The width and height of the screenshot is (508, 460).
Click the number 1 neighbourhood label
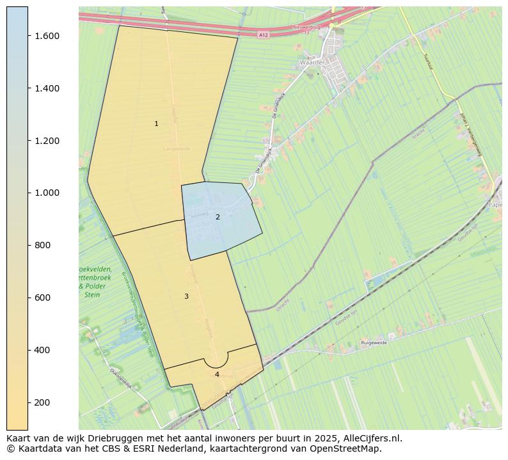(156, 123)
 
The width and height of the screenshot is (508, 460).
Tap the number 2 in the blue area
(218, 217)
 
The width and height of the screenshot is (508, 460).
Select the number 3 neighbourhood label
(186, 296)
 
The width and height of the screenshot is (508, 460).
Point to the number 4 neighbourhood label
(217, 374)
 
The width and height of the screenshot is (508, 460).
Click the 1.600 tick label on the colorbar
(47, 36)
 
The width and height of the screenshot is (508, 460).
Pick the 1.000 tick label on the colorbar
(47, 193)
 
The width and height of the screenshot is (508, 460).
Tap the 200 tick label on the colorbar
(44, 402)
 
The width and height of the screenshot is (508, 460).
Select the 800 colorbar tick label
(44, 245)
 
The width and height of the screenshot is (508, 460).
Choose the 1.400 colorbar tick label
(47, 88)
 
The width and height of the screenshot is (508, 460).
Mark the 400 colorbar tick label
(44, 350)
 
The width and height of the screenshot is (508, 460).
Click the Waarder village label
(312, 63)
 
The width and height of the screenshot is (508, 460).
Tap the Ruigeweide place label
(374, 344)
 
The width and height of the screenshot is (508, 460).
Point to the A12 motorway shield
(264, 36)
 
